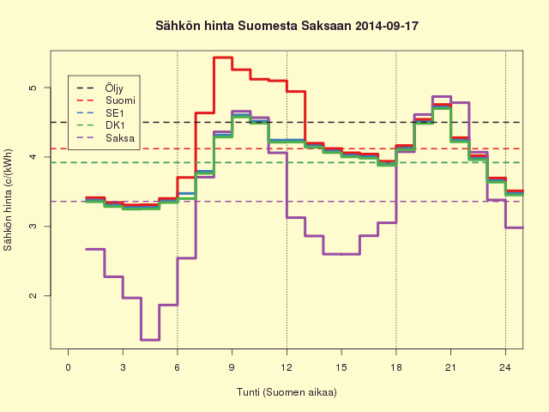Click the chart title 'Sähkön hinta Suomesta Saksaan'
point(253,26)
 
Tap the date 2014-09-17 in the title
point(387,26)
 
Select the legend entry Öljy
point(114,88)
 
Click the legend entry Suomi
point(120,100)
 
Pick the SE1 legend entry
point(115,113)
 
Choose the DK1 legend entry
point(115,125)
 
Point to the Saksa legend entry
point(120,138)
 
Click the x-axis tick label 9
point(232,367)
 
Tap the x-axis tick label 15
point(341,367)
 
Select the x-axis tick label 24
point(505,367)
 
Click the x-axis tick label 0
point(69,367)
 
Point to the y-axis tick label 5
point(33,88)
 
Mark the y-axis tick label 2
point(33,295)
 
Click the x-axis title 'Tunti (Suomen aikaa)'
point(287,392)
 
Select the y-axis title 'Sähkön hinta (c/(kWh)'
point(8,200)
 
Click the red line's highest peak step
point(223,58)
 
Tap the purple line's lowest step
point(150,340)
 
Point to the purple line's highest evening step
point(442,96)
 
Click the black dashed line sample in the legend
point(86,88)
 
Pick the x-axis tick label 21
point(450,367)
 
